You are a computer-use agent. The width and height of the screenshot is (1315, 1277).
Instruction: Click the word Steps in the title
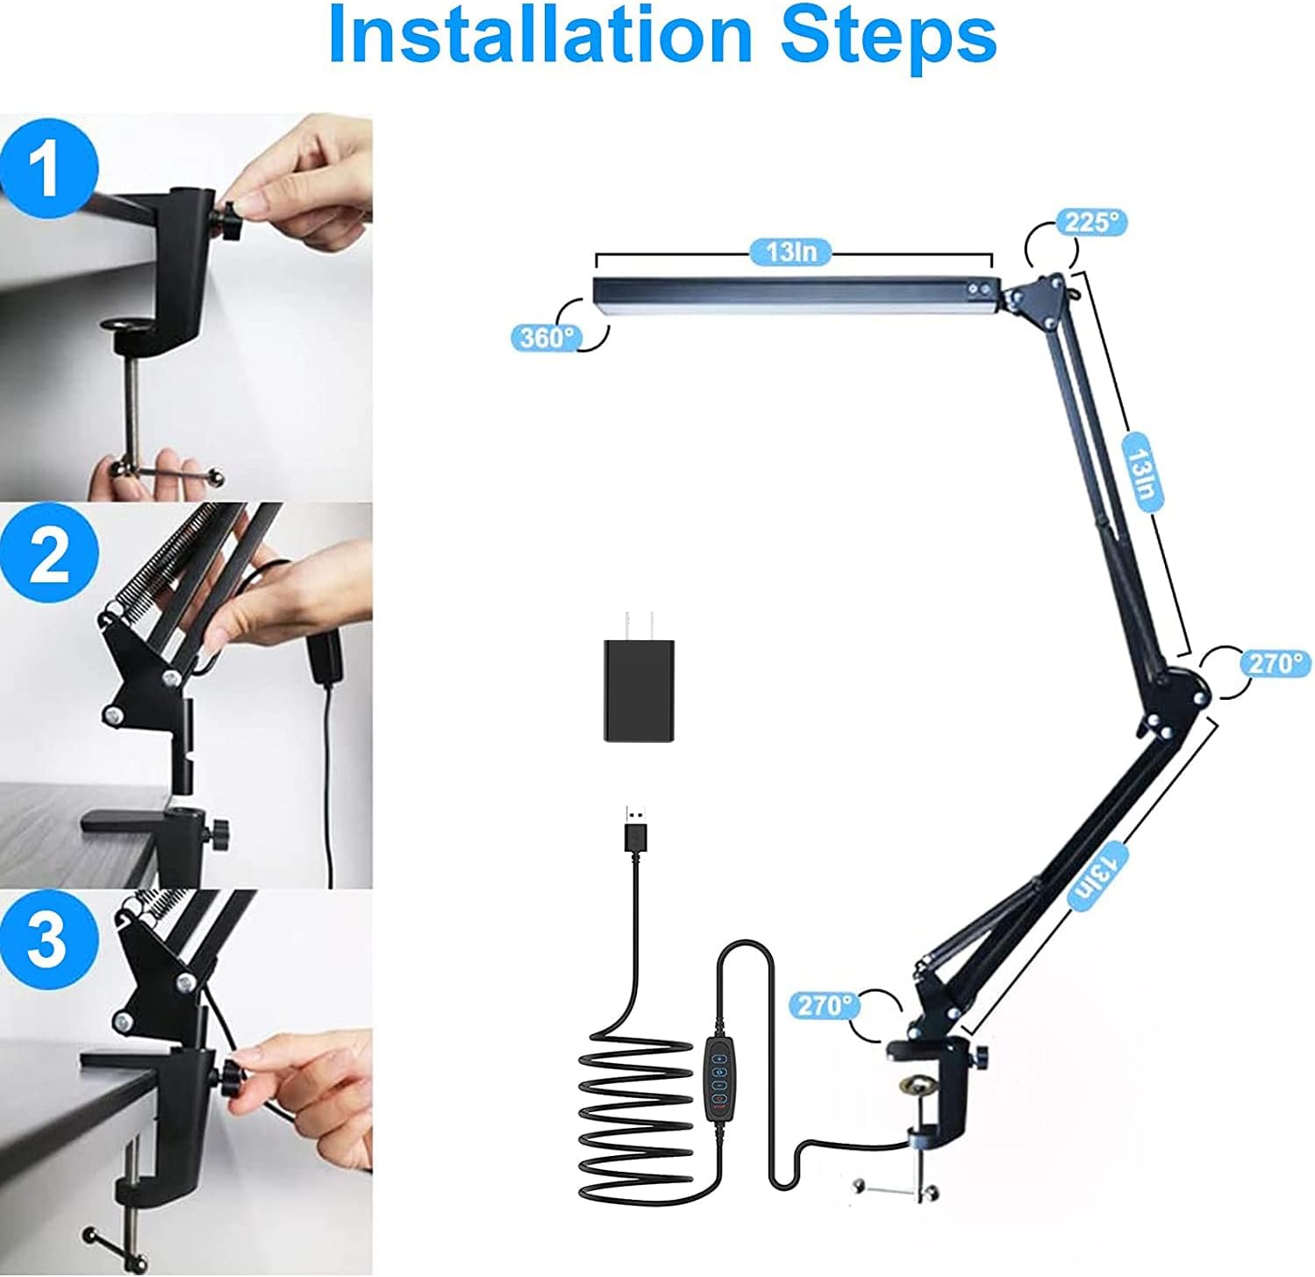click(888, 35)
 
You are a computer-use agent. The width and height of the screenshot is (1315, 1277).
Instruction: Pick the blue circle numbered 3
click(48, 939)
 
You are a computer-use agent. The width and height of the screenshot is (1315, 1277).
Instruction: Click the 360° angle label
click(546, 338)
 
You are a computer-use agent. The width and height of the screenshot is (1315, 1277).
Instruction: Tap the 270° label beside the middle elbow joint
click(1276, 663)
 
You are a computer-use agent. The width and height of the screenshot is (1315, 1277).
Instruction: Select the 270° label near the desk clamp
click(824, 1004)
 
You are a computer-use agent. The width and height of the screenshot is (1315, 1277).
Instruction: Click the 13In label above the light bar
click(791, 252)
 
